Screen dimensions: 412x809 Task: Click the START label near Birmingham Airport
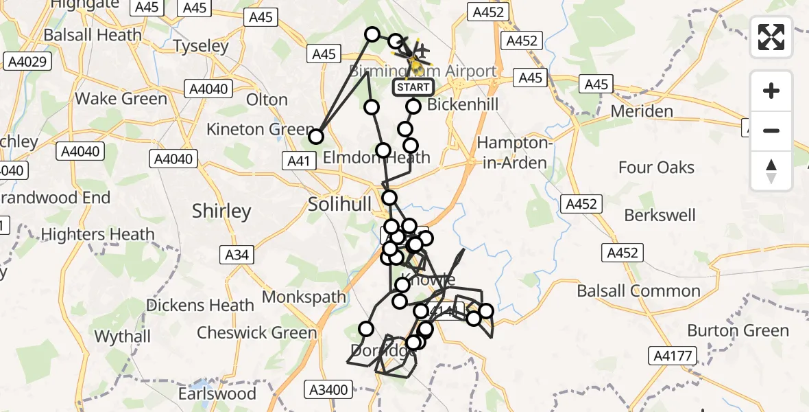[x=413, y=87]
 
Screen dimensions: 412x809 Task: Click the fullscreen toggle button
[x=771, y=37]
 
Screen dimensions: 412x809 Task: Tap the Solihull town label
[x=339, y=205]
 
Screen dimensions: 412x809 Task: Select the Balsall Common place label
[x=638, y=291]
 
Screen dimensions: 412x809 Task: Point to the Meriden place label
[x=641, y=111]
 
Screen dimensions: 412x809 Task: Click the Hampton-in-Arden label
[x=512, y=153]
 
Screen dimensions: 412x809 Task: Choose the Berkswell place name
[x=660, y=216]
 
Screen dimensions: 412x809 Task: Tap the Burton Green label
[x=738, y=331]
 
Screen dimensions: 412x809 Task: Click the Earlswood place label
[x=217, y=394]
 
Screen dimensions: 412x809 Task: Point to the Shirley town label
[x=221, y=211]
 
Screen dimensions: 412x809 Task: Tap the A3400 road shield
[x=331, y=390]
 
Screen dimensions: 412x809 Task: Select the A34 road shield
[x=238, y=255]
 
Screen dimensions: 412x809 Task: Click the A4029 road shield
[x=27, y=62]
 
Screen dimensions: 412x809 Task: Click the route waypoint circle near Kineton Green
[x=315, y=137]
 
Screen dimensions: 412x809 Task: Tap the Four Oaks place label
[x=655, y=168]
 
